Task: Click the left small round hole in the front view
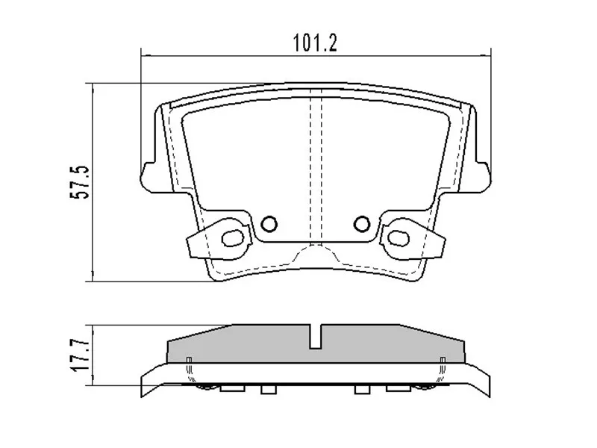tap(270, 223)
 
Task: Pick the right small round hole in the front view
tap(362, 223)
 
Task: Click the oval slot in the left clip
tap(234, 238)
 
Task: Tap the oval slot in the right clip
tap(396, 238)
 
